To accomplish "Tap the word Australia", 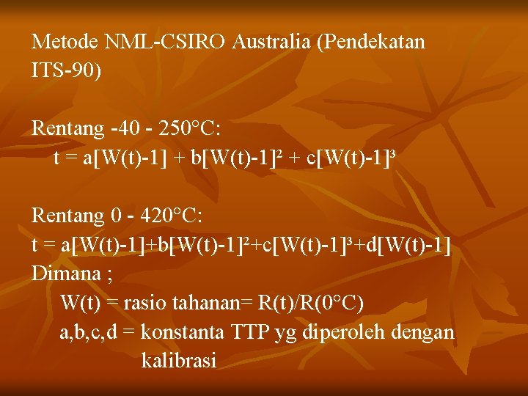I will [x=272, y=42].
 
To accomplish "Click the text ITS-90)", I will [x=67, y=71].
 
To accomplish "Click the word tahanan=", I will [x=207, y=303].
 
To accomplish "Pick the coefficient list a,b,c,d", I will [x=87, y=333].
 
